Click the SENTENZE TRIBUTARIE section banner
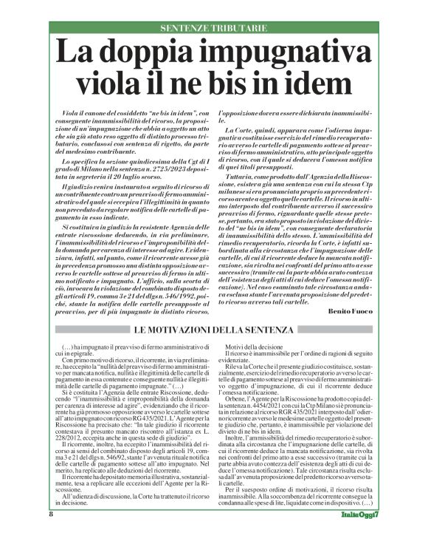214,27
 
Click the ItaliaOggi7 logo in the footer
356,534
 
